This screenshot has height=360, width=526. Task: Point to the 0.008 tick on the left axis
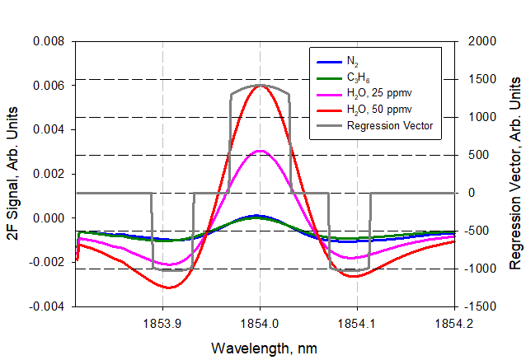pos(52,41)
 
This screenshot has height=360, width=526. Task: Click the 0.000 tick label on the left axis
pos(52,218)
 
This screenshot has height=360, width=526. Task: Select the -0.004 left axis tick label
pos(50,306)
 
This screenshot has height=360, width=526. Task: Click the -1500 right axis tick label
pos(481,306)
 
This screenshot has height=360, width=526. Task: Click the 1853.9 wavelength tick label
pos(162,324)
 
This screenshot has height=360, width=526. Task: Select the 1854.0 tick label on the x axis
pos(260,324)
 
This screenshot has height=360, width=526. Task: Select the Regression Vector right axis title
pos(514,175)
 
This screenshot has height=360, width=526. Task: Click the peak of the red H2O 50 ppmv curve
pos(261,85)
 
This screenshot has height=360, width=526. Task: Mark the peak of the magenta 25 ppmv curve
pos(260,151)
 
